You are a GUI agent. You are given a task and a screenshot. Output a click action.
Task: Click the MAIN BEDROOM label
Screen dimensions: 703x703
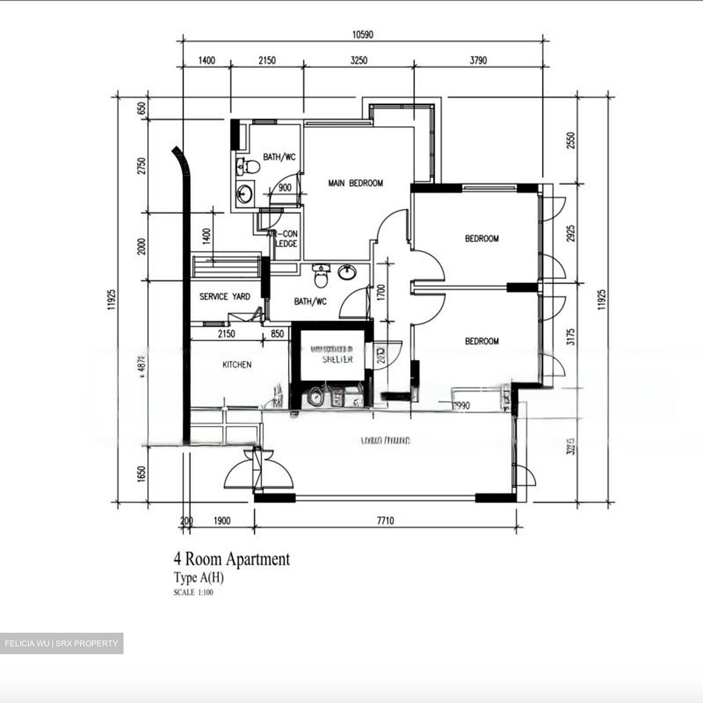(355, 183)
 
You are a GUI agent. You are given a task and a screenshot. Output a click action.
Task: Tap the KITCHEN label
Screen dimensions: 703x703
(237, 365)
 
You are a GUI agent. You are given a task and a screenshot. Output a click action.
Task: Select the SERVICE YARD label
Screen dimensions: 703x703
(225, 296)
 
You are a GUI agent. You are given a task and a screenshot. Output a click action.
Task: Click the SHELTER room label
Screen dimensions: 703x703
(337, 359)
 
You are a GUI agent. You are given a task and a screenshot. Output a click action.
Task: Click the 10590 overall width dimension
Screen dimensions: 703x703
(362, 35)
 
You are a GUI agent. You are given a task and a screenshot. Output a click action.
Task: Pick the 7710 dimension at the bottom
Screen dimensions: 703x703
(385, 521)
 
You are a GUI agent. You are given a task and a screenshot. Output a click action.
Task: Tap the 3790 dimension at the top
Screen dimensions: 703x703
(478, 61)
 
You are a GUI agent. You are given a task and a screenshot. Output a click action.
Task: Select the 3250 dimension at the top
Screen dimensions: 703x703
(358, 61)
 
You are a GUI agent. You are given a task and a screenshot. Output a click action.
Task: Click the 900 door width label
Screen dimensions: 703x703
(285, 188)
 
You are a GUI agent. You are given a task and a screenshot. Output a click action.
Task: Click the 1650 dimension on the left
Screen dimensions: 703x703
(142, 474)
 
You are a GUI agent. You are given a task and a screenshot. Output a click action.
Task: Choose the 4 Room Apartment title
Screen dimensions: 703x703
(232, 559)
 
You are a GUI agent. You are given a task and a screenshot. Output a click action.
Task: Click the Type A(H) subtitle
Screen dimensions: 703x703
(199, 578)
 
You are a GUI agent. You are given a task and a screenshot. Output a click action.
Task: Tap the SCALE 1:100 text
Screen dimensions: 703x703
(193, 593)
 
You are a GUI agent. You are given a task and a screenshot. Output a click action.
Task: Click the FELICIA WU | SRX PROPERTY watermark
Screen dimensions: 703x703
(62, 643)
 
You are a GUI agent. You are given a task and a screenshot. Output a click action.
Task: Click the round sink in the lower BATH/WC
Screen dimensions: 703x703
(347, 272)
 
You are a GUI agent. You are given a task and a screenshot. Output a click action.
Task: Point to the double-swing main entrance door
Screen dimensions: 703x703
(258, 471)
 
